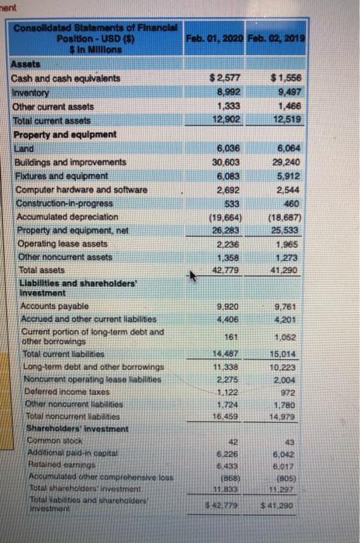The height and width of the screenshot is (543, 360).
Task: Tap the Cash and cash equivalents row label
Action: tap(56, 78)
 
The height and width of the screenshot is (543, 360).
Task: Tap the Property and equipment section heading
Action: tap(62, 133)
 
